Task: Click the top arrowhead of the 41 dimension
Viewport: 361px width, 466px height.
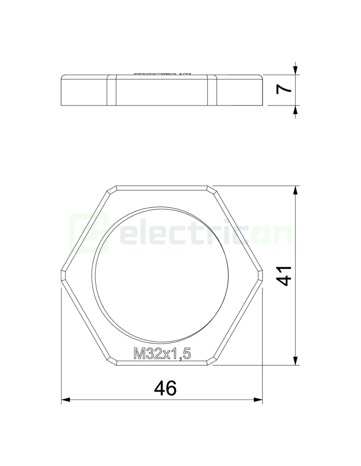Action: pos(295,190)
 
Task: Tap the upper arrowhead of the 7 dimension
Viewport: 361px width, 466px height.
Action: pos(295,70)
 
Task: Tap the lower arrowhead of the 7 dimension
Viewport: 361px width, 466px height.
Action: pos(295,110)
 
